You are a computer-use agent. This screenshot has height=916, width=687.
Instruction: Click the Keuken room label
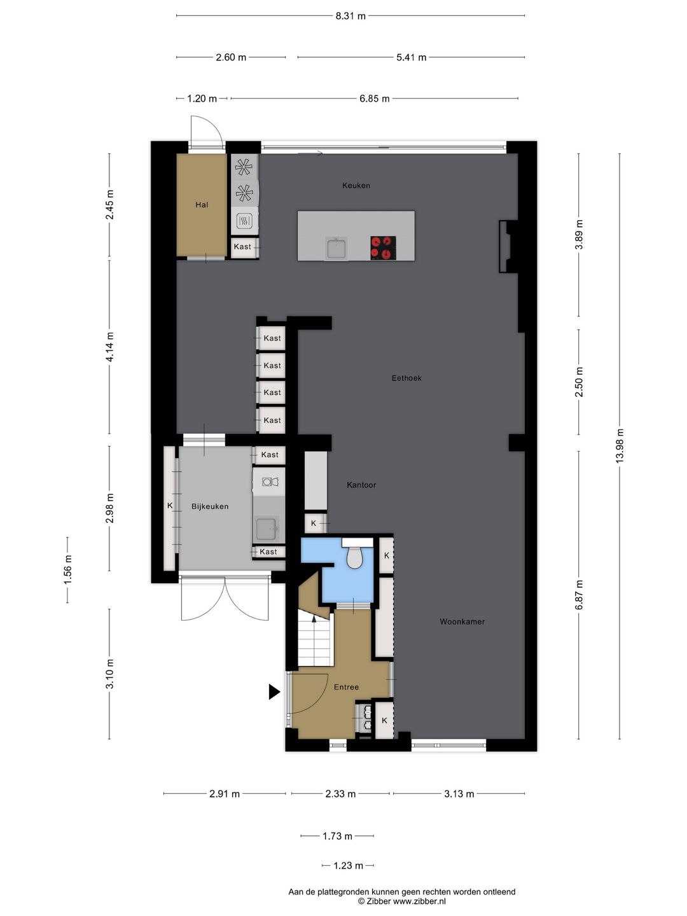[x=356, y=186]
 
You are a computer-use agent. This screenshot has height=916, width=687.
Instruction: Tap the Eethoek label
[x=406, y=378]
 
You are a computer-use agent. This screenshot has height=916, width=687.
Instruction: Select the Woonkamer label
[x=462, y=621]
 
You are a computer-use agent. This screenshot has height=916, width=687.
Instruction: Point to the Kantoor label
[x=361, y=485]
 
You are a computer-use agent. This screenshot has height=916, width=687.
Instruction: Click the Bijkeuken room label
[x=210, y=506]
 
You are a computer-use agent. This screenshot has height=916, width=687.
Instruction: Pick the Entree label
[x=346, y=687]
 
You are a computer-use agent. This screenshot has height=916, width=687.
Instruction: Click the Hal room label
[x=202, y=205]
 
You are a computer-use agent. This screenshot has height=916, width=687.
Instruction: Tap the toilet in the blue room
[x=354, y=558]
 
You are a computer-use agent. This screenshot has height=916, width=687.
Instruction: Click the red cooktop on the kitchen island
[x=383, y=247]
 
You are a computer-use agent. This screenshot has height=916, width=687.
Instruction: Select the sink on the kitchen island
[x=337, y=248]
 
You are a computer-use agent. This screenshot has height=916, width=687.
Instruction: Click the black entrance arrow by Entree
[x=274, y=691]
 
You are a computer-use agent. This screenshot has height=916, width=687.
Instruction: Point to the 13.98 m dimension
[x=620, y=447]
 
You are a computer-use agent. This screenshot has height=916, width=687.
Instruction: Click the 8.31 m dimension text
[x=350, y=16]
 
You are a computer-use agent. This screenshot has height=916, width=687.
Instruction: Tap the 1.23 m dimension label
[x=348, y=866]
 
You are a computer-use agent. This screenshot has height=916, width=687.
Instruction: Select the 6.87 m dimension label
[x=578, y=595]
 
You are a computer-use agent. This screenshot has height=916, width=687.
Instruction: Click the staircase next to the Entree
[x=315, y=639]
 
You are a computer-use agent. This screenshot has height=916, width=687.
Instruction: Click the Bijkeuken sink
[x=266, y=528]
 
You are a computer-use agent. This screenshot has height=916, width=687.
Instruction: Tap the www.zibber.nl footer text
[x=419, y=901]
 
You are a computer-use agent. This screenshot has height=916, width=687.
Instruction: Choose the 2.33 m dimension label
[x=340, y=794]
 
